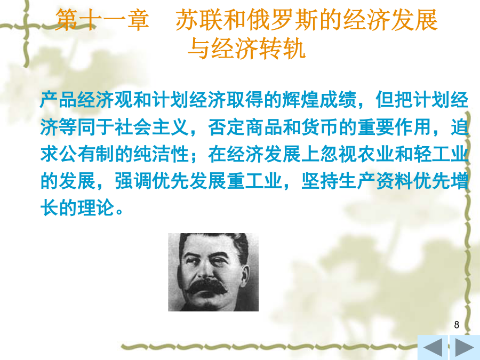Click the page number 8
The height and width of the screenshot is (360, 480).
coord(457,324)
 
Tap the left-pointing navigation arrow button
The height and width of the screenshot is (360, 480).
coord(433,347)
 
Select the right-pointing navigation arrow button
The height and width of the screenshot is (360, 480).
coord(465,347)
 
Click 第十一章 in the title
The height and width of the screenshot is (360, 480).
coord(102,20)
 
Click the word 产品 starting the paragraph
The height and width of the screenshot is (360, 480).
coord(59,100)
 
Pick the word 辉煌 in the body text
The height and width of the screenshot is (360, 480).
coord(301,100)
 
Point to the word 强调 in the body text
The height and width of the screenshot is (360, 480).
coord(133,181)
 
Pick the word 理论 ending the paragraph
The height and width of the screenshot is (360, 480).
coord(96,207)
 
